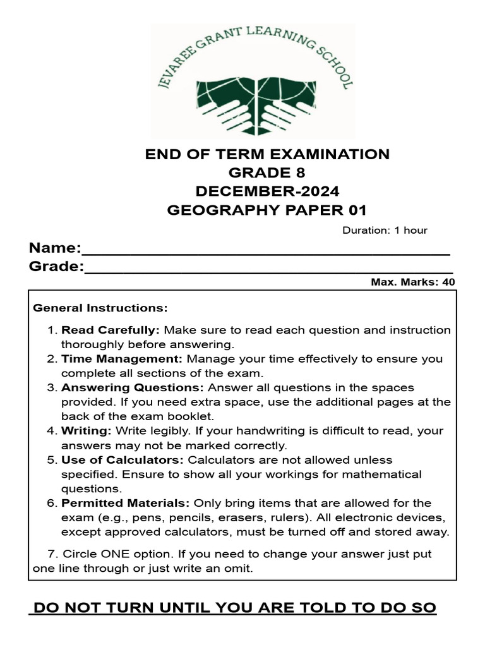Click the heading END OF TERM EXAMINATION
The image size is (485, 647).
pyautogui.click(x=267, y=154)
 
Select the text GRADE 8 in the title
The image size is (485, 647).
pyautogui.click(x=267, y=172)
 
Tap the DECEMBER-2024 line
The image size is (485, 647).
pyautogui.click(x=267, y=191)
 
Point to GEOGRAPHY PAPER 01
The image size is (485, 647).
pyautogui.click(x=267, y=210)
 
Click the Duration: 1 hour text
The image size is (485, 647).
pyautogui.click(x=385, y=230)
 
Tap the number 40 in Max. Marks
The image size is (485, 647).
pyautogui.click(x=448, y=282)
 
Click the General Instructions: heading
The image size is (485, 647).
pyautogui.click(x=100, y=308)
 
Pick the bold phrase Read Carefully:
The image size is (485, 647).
pyautogui.click(x=111, y=330)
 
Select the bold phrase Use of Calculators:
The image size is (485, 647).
pyautogui.click(x=122, y=460)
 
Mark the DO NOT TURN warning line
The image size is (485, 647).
pyautogui.click(x=234, y=608)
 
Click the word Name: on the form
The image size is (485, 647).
pyautogui.click(x=55, y=247)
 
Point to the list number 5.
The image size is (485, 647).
pyautogui.click(x=52, y=460)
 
